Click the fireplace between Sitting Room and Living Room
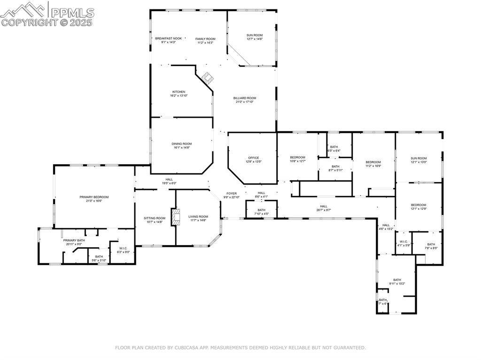176,218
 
